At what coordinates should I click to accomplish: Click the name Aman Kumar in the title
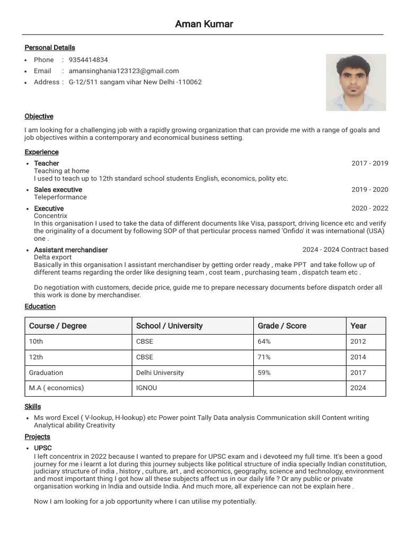click(204, 24)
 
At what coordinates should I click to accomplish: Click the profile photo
click(356, 82)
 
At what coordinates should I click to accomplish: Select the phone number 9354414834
click(88, 60)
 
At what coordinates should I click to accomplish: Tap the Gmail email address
click(123, 71)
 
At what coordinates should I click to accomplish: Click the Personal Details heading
click(50, 48)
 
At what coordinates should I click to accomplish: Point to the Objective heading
click(39, 117)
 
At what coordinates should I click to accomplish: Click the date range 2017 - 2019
click(369, 163)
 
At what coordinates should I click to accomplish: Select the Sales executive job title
click(58, 190)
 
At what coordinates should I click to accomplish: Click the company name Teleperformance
click(60, 197)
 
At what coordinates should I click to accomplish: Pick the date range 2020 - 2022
click(369, 208)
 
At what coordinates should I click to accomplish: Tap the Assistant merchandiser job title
click(70, 250)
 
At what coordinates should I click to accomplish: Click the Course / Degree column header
click(58, 326)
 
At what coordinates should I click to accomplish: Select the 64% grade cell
click(264, 341)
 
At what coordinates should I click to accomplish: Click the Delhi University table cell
click(160, 373)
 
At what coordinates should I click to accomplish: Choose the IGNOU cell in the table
click(146, 388)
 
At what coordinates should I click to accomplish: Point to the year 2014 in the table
click(358, 357)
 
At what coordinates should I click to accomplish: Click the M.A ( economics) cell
click(56, 388)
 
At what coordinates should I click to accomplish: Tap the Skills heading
click(32, 407)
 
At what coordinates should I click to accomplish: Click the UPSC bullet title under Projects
click(43, 449)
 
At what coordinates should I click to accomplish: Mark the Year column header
click(358, 326)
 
